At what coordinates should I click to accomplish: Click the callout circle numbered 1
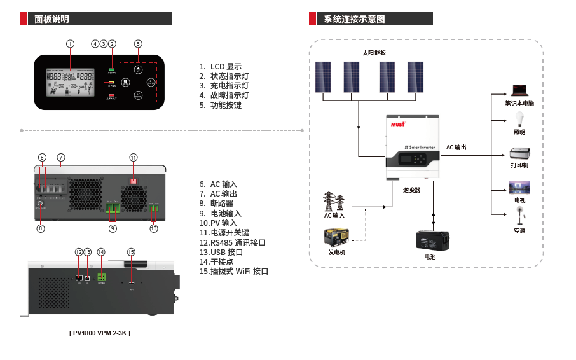coord(70,44)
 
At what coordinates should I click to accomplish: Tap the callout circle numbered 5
coord(138,44)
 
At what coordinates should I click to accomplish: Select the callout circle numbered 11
coord(134,157)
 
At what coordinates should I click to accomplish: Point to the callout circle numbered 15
coord(131,252)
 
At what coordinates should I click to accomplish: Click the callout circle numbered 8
coord(41,228)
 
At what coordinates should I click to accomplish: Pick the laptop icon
coord(519,90)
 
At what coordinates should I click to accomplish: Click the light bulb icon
coord(519,119)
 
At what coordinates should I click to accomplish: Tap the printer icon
coord(519,153)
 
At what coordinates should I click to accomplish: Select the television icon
coord(519,188)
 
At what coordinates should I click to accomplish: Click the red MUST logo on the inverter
coord(397,125)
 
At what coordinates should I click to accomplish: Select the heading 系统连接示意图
coord(354,19)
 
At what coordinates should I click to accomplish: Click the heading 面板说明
coord(53,19)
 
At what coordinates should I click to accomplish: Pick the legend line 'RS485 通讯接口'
coord(232,242)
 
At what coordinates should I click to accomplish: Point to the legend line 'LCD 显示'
coord(220,67)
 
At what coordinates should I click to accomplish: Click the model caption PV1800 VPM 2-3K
coord(100,333)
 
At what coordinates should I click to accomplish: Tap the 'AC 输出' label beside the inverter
coord(456,147)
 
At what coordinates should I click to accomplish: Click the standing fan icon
coord(519,216)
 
